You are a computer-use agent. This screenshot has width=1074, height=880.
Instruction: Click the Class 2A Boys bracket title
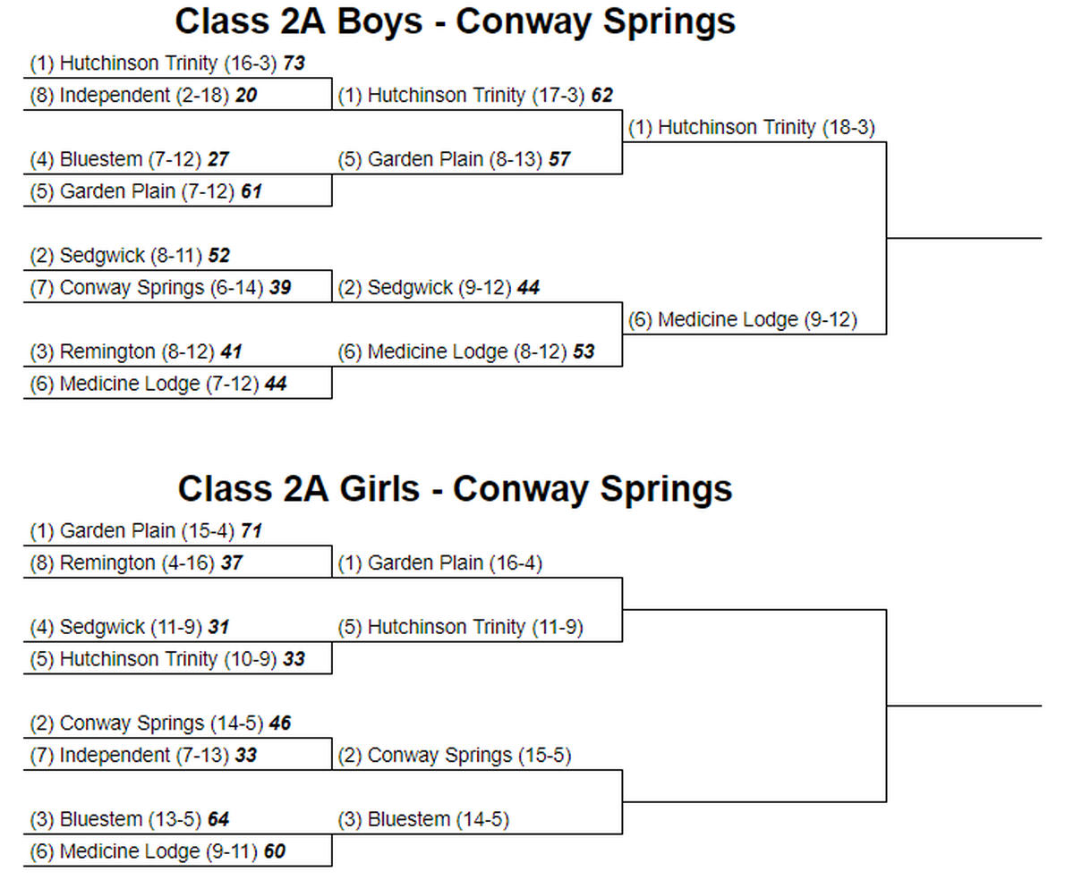click(x=455, y=21)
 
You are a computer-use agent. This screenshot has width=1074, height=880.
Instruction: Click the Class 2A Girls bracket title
click(x=455, y=489)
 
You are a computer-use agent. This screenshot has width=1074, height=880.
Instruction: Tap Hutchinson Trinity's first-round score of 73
click(x=294, y=63)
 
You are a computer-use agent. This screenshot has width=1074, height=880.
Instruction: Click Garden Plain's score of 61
click(x=251, y=191)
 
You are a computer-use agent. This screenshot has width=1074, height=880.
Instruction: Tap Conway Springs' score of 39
click(x=280, y=288)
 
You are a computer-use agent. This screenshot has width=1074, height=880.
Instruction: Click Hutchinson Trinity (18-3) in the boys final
click(x=751, y=127)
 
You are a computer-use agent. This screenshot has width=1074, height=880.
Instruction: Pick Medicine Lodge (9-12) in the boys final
click(x=743, y=319)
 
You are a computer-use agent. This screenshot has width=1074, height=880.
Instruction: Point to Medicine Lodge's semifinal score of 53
click(x=584, y=351)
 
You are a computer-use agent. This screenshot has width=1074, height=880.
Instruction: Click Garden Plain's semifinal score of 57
click(x=559, y=159)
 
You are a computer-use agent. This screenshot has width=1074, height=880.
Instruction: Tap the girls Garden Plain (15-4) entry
click(x=132, y=531)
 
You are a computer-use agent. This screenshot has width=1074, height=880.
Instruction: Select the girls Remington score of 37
click(x=232, y=563)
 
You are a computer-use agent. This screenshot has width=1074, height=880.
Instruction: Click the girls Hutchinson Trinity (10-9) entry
click(x=153, y=659)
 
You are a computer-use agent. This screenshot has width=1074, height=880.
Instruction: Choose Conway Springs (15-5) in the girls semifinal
click(x=455, y=756)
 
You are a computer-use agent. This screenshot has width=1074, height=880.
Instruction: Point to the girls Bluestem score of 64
click(x=218, y=819)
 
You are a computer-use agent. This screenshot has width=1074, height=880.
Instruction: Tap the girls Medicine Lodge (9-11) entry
click(x=143, y=851)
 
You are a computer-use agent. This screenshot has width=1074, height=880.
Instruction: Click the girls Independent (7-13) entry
click(x=130, y=756)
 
